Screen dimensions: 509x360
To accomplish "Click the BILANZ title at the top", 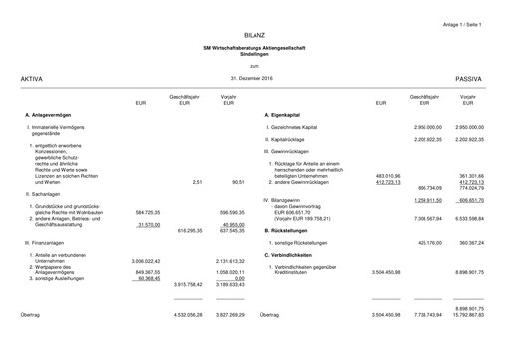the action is point(254,36).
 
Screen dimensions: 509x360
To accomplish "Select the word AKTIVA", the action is point(31,77).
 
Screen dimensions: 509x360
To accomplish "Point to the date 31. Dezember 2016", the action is point(252,77).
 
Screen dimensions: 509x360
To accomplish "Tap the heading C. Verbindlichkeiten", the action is point(295,255).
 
